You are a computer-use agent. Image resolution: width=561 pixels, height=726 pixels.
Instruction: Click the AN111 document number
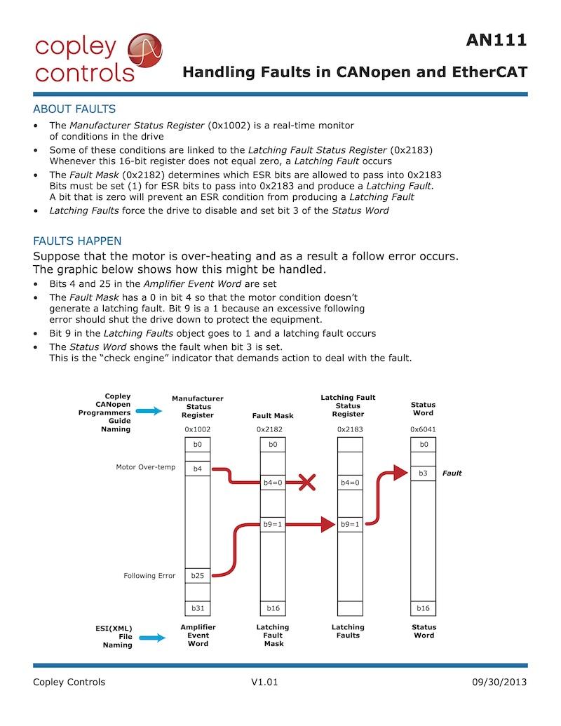496,41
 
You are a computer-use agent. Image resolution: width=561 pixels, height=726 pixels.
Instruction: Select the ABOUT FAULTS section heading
74,109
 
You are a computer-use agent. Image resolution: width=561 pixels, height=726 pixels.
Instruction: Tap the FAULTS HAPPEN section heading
77,241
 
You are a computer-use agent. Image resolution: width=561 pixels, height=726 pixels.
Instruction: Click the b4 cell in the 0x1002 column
197,468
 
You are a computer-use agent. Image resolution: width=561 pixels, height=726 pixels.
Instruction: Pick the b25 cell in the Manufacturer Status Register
197,575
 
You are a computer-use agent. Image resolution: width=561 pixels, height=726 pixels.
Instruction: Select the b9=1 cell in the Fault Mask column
273,524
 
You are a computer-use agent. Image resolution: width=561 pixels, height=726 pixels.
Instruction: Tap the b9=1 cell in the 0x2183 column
349,524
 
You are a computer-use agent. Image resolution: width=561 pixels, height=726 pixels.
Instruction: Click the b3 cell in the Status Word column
423,473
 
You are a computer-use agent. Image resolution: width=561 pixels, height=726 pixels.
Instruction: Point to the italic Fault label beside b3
452,473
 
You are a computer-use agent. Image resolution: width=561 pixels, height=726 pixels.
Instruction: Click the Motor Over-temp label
146,467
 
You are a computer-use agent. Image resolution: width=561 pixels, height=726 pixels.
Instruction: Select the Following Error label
149,576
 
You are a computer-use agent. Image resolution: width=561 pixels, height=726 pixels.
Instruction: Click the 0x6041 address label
423,429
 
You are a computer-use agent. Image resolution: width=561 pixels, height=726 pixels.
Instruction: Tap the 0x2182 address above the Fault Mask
273,429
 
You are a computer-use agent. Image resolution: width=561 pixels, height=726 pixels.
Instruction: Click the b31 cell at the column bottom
197,608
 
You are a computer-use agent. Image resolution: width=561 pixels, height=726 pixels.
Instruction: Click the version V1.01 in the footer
264,682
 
